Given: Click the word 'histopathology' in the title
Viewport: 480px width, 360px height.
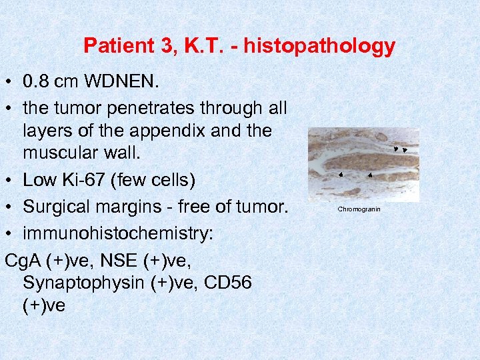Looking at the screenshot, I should (319, 46).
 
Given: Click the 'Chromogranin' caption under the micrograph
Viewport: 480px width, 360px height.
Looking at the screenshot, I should (359, 209).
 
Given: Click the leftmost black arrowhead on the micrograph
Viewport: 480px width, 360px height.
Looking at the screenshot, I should (340, 175).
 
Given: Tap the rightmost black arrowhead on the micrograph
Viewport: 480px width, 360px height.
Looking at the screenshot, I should (405, 150).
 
